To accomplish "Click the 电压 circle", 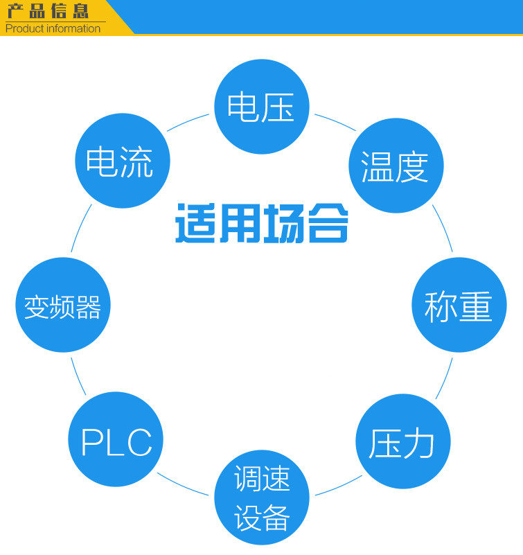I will tap(261, 107).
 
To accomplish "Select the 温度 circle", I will tap(395, 166).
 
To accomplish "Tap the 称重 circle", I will tap(459, 305).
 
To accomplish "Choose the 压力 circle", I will tap(402, 441).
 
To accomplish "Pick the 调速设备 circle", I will tap(261, 497).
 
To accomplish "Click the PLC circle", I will tap(116, 439).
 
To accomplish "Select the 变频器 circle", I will tap(63, 305).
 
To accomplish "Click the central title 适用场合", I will tap(261, 223).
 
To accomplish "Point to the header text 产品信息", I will tap(48, 11).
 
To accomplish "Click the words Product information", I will tap(53, 28).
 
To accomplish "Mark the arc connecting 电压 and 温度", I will tap(335, 121).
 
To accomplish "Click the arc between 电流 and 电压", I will tap(187, 121).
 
